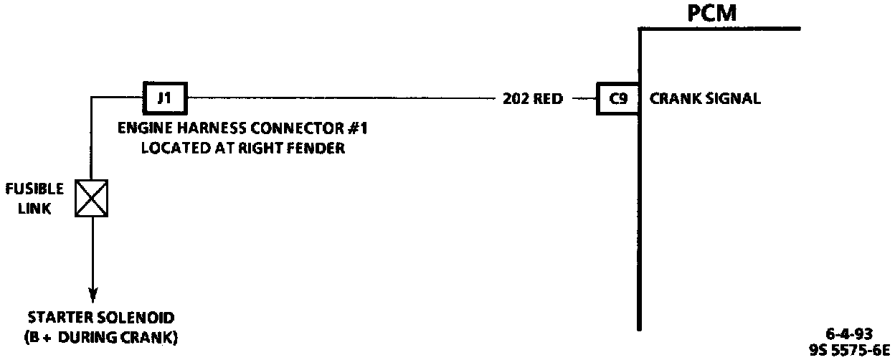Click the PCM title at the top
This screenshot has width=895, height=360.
click(712, 13)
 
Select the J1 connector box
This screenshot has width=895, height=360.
click(164, 98)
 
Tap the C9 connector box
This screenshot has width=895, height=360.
click(617, 99)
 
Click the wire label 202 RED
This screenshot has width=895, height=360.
click(533, 99)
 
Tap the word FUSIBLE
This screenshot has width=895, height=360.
click(34, 189)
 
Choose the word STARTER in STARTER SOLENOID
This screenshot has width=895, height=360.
click(60, 317)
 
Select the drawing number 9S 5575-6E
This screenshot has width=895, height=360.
click(848, 349)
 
